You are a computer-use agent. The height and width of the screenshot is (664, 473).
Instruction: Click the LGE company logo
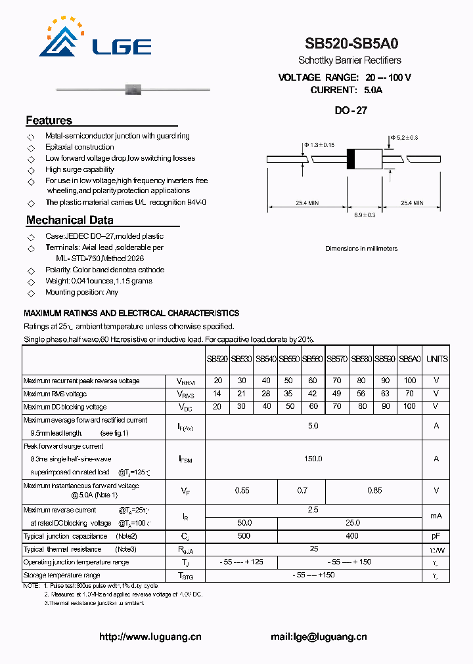coord(95,39)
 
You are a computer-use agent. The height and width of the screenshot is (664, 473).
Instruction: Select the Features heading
coord(49,121)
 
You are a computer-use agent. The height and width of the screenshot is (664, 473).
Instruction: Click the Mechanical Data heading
coord(70,220)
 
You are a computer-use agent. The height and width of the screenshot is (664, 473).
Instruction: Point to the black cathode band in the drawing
coord(351,159)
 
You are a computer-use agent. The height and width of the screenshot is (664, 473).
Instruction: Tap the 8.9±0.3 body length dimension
coord(365,215)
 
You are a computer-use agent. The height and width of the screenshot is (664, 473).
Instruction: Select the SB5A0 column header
coord(409,359)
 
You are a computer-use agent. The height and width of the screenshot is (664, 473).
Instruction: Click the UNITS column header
coord(436,359)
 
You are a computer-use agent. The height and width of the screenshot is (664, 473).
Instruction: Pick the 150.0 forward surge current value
coord(313,459)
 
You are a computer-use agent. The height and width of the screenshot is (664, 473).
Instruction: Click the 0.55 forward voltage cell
coord(242,490)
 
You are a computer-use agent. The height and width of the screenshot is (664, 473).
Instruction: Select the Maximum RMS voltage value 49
coord(337,394)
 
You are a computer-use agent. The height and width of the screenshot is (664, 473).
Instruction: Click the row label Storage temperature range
coord(62,575)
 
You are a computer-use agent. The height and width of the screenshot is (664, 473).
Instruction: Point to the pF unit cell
coord(436,536)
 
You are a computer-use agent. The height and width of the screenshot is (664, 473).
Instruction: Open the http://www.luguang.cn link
coord(150,636)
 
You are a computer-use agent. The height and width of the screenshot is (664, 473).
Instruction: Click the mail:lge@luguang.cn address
coord(319,636)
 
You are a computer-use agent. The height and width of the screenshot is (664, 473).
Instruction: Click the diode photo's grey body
coord(133,89)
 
